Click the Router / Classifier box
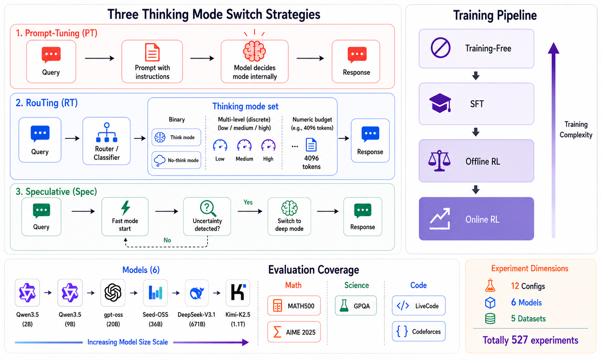point(107,141)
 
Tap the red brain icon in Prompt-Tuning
point(255,51)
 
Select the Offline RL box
point(476,161)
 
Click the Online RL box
point(476,219)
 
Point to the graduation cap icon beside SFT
point(440,103)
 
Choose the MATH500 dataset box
point(294,305)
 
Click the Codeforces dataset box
point(418,331)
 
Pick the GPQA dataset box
point(356,305)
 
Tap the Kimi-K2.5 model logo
point(238,292)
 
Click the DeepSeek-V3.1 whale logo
point(197,292)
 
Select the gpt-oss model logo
point(113,292)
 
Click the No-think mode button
point(176,160)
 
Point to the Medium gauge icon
point(244,145)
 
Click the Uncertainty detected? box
point(207,216)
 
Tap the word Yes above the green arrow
point(248,202)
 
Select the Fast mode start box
point(125,216)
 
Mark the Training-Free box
point(476,48)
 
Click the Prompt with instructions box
point(152,62)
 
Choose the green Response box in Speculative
point(363,216)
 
